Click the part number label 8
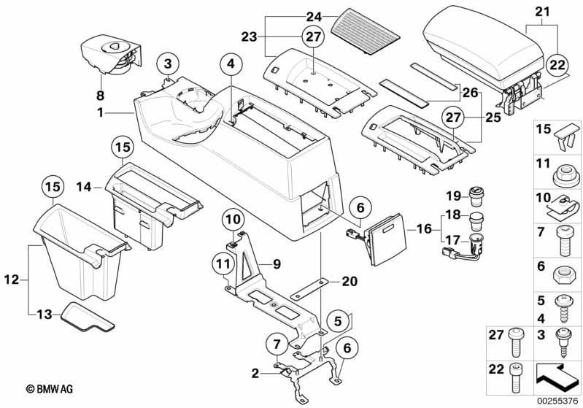[x=100, y=95]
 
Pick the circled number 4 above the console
[x=231, y=64]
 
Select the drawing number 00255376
[x=556, y=399]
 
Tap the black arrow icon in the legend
[x=558, y=378]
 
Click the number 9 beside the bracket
[x=277, y=263]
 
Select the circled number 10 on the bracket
[x=231, y=218]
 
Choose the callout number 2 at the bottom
[x=255, y=374]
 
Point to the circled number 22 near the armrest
[x=557, y=64]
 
